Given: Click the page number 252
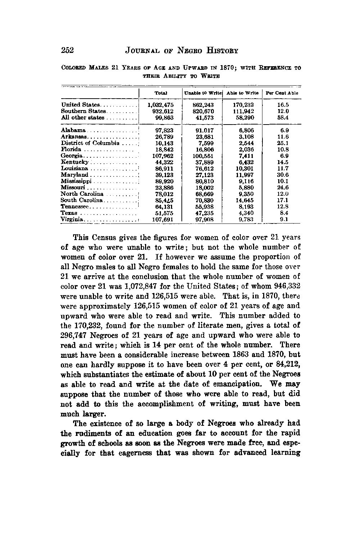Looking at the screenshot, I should click(x=68, y=50).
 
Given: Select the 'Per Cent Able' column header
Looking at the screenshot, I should click(x=282, y=93).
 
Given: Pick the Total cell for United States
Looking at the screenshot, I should click(x=161, y=105).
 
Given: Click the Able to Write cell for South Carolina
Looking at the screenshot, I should click(x=245, y=200).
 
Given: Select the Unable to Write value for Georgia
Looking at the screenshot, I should click(x=203, y=156).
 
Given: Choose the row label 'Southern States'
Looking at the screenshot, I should click(x=83, y=111).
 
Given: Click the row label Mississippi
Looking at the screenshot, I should click(x=76, y=181).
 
